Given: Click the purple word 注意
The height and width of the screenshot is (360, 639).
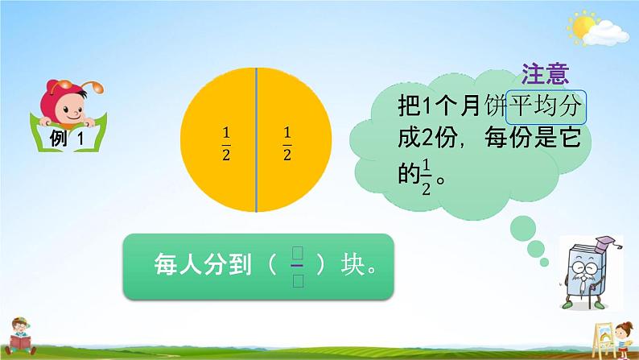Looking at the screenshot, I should coord(546,75).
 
